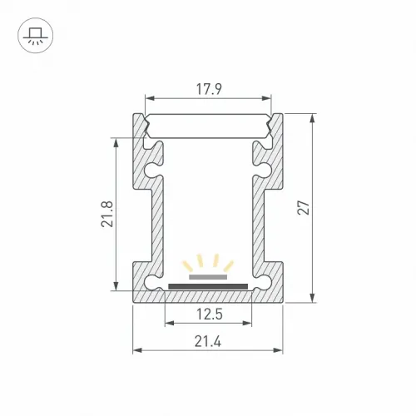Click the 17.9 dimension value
point(209,89)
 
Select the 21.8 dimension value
point(107,214)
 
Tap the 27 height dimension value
point(304,207)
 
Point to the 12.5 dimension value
point(210,314)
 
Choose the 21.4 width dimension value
point(208,341)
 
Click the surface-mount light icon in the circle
point(35,36)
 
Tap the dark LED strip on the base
point(208,286)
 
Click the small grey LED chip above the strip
point(208,277)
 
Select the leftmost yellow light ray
point(188,266)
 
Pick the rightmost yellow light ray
point(229,266)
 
